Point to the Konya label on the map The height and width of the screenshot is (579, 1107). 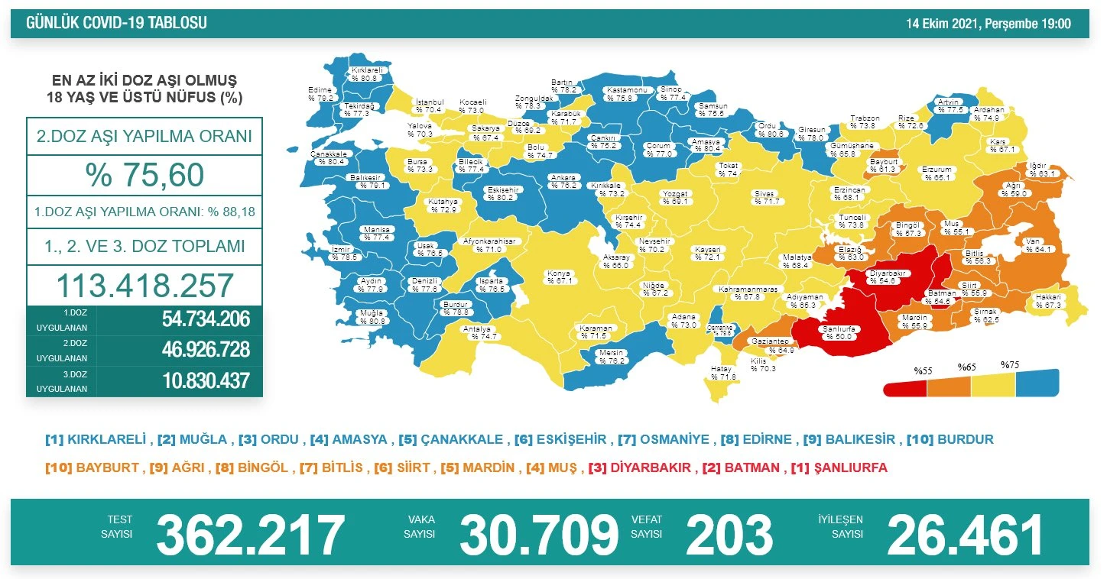coord(558,277)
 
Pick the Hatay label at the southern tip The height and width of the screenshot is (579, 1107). coord(722,373)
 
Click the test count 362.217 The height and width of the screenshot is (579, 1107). coord(250,535)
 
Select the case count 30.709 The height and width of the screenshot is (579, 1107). coord(538,535)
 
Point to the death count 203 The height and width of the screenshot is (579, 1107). coord(729,535)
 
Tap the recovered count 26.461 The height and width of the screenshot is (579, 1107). coord(965,535)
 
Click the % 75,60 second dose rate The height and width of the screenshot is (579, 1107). coord(144,175)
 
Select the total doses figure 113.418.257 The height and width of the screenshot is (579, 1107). coord(144,286)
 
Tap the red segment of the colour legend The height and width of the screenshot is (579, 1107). coord(905,388)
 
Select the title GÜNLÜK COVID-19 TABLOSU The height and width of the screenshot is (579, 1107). coord(116,24)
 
